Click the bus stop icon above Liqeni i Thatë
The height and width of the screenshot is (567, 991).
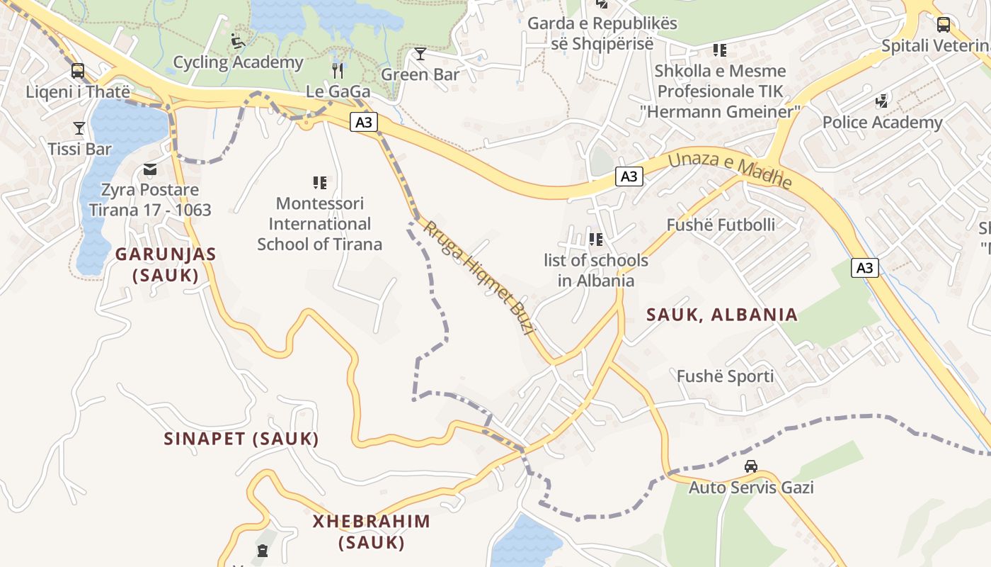[x=78, y=71]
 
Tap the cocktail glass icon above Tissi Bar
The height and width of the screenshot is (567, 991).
[x=79, y=128]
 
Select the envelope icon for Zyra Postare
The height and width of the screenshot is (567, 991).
[x=150, y=169]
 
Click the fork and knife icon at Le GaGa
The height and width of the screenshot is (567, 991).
[x=338, y=70]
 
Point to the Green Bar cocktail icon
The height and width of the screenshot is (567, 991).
[x=420, y=54]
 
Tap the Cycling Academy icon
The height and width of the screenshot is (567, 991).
[x=238, y=41]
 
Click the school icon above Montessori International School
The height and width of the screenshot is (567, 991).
[x=320, y=183]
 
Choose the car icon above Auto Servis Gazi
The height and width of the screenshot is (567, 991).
[x=751, y=466]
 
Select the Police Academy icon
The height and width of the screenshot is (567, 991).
[x=882, y=101]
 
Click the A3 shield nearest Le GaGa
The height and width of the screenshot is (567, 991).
[x=364, y=123]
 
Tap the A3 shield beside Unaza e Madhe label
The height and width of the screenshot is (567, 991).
[x=629, y=176]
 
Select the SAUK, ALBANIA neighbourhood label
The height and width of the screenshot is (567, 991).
[x=722, y=315]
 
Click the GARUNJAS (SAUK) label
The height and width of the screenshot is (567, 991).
[x=166, y=264]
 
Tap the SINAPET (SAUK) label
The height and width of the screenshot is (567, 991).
[x=241, y=439]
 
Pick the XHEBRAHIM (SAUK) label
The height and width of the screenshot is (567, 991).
[x=372, y=532]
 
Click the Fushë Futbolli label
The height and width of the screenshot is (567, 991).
[x=721, y=225]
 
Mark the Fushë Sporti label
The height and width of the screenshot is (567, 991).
[x=725, y=376]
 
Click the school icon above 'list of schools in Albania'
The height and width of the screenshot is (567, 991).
[x=596, y=240]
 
